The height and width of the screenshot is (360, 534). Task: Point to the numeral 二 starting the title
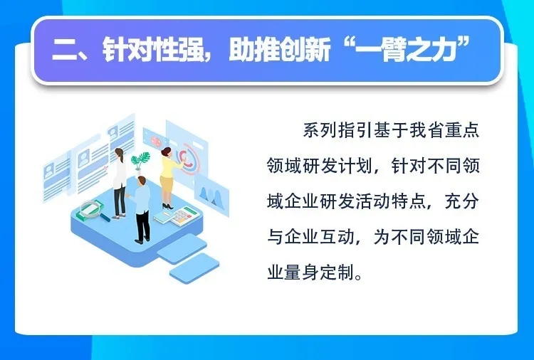pyautogui.click(x=66, y=51)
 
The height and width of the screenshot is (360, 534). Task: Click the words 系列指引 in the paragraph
pyautogui.click(x=337, y=130)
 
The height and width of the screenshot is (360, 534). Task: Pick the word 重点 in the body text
pyautogui.click(x=462, y=130)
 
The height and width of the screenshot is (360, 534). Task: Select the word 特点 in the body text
pyautogui.click(x=409, y=201)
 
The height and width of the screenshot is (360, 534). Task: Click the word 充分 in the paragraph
pyautogui.click(x=462, y=201)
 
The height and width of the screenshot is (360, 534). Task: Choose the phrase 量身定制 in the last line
pyautogui.click(x=320, y=273)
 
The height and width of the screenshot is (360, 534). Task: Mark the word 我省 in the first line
pyautogui.click(x=426, y=130)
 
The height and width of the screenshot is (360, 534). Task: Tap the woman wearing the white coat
pyautogui.click(x=119, y=183)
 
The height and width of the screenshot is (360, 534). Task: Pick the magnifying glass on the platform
pyautogui.click(x=91, y=209)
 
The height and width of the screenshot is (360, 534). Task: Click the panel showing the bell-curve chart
pyautogui.click(x=211, y=196)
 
